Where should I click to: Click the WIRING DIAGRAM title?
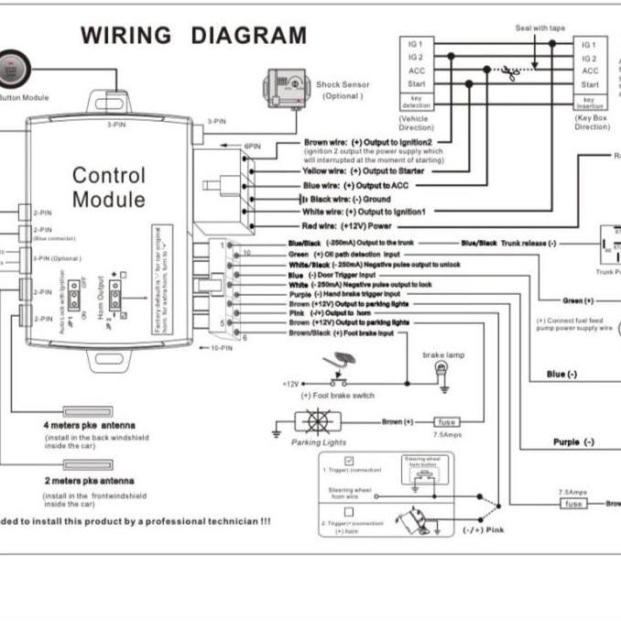pyautogui.click(x=193, y=36)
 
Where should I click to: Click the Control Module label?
pyautogui.click(x=108, y=187)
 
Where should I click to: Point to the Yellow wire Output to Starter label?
pyautogui.click(x=363, y=171)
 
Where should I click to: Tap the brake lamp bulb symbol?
pyautogui.click(x=442, y=371)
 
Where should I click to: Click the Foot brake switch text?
pyautogui.click(x=343, y=396)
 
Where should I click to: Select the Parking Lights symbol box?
pyautogui.click(x=320, y=422)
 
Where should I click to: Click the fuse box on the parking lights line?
pyautogui.click(x=446, y=422)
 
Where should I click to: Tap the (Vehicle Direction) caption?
pyautogui.click(x=417, y=123)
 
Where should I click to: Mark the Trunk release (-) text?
pyautogui.click(x=526, y=243)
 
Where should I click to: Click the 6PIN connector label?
pyautogui.click(x=253, y=146)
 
